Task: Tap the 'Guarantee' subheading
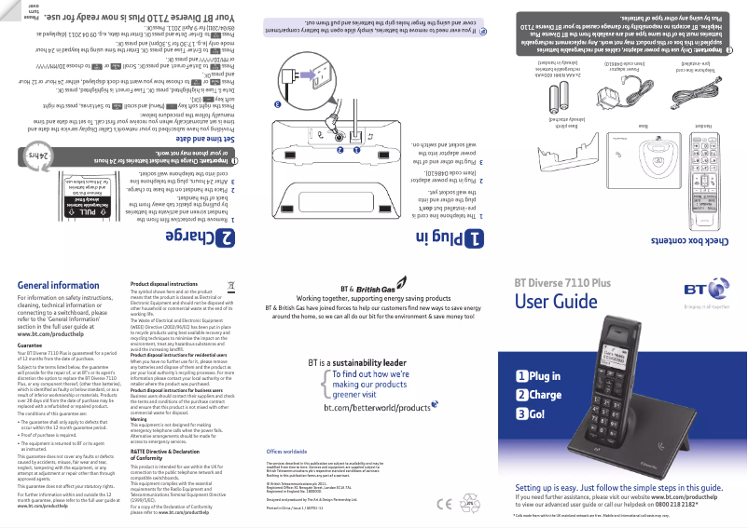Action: [x=31, y=345]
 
